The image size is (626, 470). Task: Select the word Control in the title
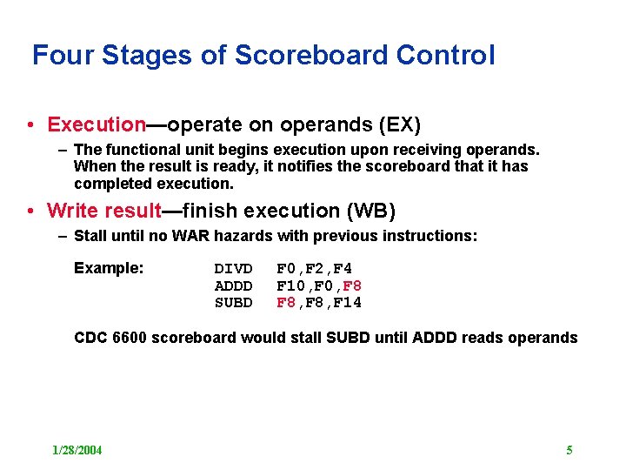click(x=445, y=56)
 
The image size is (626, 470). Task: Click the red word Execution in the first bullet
click(x=97, y=124)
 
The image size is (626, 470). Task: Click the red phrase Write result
click(x=103, y=211)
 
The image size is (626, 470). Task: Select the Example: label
click(x=109, y=268)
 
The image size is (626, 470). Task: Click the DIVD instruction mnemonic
click(x=233, y=269)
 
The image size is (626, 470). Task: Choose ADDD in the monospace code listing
click(x=233, y=285)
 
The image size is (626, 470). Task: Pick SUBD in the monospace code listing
click(x=233, y=303)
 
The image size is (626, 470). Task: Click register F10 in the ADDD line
click(x=290, y=285)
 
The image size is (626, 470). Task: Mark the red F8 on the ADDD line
click(x=352, y=285)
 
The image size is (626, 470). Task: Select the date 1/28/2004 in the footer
click(x=77, y=450)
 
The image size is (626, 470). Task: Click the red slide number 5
click(x=569, y=450)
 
